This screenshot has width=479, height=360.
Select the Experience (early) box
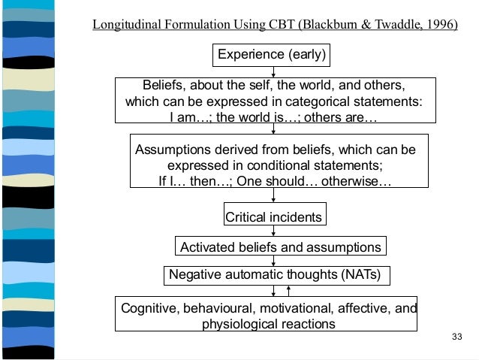273,54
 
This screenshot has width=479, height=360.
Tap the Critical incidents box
273,217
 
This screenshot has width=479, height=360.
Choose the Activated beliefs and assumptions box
280,247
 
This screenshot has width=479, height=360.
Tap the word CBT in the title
279,24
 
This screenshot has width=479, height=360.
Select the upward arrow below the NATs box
288,292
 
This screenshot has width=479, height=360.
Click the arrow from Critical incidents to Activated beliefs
273,232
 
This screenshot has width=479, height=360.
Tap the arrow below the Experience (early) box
273,70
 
